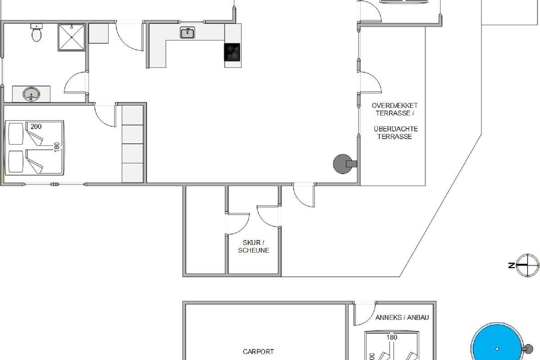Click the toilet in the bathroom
36,32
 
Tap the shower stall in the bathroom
72,37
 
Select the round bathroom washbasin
31,94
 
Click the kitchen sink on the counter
187,32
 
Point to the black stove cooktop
232,52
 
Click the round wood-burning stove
345,164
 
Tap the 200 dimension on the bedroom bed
36,126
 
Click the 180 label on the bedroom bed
57,147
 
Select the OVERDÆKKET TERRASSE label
395,109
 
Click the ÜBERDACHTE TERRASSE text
396,133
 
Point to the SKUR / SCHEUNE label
253,247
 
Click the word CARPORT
258,352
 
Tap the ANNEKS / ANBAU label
402,318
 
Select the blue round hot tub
497,343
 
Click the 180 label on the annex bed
392,337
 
